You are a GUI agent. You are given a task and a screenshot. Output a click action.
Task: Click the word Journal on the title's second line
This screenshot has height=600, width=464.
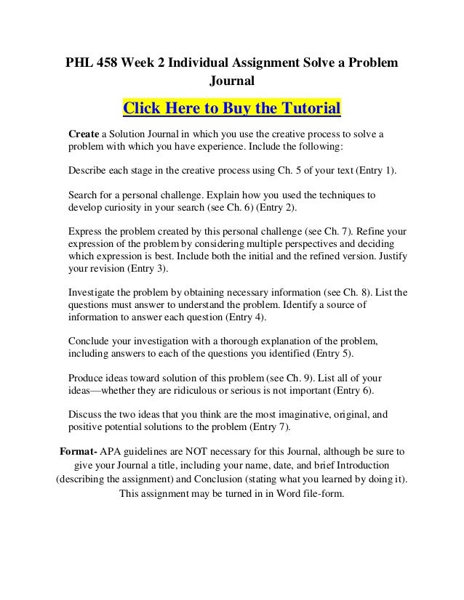[x=231, y=81]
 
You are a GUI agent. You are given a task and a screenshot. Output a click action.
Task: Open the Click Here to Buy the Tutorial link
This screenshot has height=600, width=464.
[x=231, y=110]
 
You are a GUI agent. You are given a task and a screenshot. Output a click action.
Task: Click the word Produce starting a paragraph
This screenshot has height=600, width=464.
[x=87, y=378]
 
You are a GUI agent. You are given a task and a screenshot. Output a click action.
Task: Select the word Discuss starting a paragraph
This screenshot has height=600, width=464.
[x=85, y=415]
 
